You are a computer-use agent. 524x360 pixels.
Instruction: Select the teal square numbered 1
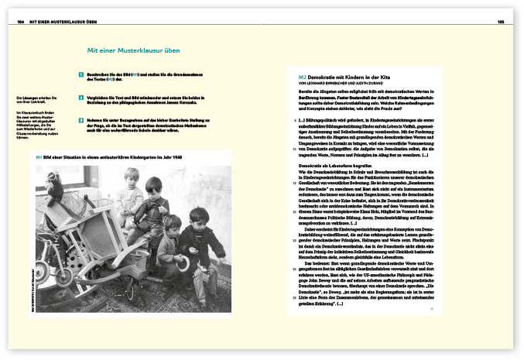[80, 75]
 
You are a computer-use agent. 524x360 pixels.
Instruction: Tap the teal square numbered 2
[80, 98]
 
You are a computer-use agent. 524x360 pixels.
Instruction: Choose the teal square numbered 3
[80, 121]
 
